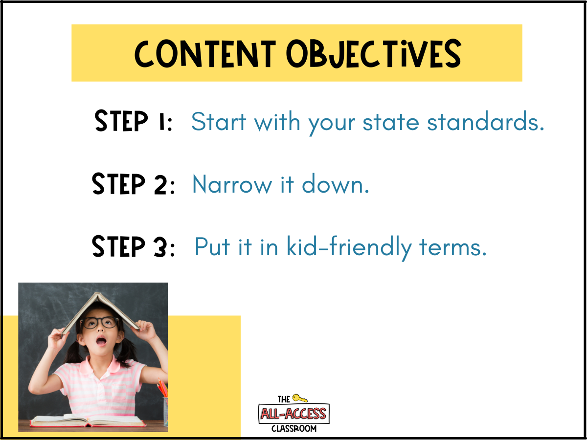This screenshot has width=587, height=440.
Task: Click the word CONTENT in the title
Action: click(205, 54)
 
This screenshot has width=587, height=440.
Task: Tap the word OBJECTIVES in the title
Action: click(374, 54)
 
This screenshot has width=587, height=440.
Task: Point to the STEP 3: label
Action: click(133, 246)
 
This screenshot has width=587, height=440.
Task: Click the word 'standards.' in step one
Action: click(485, 121)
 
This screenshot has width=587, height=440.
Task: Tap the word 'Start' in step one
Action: click(219, 122)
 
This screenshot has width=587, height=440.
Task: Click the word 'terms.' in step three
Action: click(453, 247)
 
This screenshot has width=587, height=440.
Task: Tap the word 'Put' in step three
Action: click(212, 247)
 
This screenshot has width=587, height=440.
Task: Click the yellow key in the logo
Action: click(300, 398)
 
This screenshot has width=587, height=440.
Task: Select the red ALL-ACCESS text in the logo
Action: click(293, 414)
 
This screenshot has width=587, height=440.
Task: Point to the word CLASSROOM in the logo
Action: click(294, 429)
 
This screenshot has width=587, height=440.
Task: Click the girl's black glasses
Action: click(100, 323)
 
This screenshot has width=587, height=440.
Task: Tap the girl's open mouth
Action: click(101, 341)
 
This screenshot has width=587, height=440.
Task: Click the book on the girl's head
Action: click(99, 312)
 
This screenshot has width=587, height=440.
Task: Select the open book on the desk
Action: click(88, 421)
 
